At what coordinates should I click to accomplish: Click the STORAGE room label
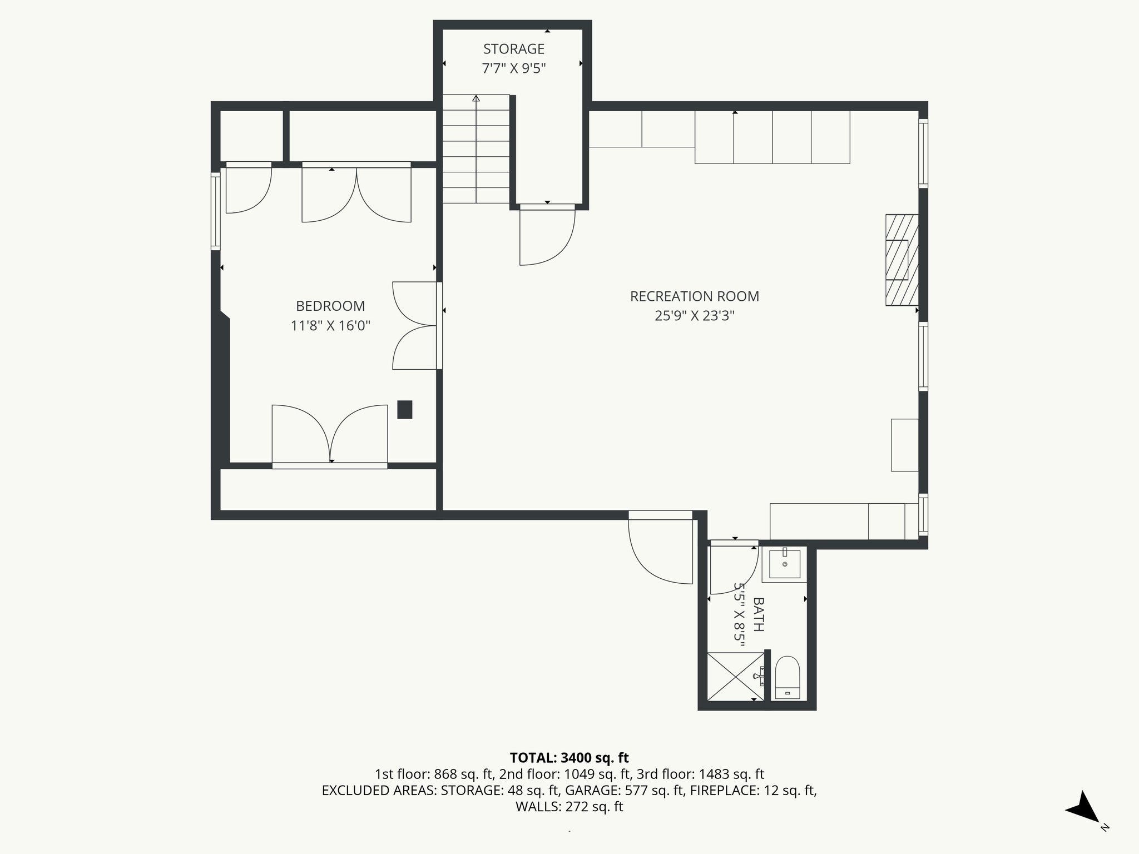point(513,49)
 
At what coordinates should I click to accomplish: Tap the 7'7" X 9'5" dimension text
point(513,68)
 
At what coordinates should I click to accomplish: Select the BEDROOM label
point(330,306)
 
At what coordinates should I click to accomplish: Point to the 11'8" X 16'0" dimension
point(330,325)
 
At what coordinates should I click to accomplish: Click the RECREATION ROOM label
point(694,296)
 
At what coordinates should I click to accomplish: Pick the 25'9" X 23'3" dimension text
point(694,316)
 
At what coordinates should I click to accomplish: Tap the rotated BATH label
point(758,614)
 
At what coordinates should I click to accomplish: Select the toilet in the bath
point(787,677)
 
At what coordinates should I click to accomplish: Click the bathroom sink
point(784,564)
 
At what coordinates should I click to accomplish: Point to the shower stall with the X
point(735,677)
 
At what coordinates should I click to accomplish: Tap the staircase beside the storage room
point(476,149)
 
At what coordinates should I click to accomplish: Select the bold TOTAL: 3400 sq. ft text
point(569,757)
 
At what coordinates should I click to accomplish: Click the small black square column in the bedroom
point(404,409)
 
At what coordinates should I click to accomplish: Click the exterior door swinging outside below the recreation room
point(660,550)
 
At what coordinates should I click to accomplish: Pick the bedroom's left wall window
point(215,210)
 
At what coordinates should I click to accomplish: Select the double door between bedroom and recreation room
point(416,325)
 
